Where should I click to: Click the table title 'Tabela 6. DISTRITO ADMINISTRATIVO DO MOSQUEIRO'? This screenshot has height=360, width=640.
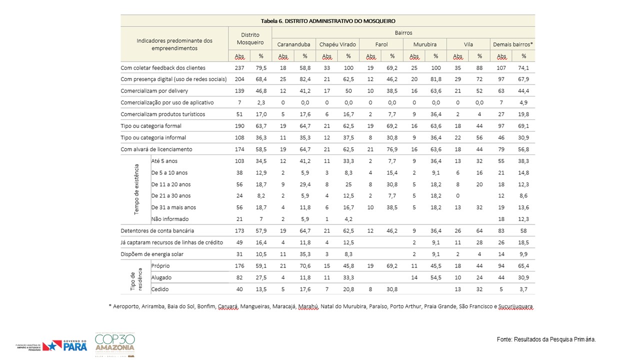point(328,21)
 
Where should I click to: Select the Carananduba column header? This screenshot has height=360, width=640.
point(293,44)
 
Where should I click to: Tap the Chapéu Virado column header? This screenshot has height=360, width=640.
point(337,44)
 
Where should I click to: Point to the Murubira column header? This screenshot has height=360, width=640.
point(425,44)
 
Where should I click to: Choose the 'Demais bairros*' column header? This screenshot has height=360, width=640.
point(513,44)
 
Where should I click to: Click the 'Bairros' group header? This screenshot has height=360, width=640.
point(403,32)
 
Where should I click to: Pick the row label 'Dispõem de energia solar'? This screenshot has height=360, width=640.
point(152,254)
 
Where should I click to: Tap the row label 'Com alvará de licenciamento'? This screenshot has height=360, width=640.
point(156,149)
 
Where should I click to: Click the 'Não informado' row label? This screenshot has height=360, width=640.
point(169,219)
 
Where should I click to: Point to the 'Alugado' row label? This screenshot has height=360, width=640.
point(161,277)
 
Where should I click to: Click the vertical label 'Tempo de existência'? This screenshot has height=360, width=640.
point(136,189)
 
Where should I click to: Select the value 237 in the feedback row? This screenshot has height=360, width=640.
point(239,67)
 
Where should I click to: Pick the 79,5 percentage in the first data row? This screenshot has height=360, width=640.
point(261,67)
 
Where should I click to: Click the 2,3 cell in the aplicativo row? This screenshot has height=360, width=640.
point(261,102)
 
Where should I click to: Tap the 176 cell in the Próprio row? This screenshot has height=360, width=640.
point(239,265)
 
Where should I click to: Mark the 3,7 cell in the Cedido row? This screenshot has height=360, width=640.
point(523,289)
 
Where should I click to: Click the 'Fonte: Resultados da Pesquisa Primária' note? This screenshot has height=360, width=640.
point(546,339)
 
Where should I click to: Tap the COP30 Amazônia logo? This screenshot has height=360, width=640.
point(115,344)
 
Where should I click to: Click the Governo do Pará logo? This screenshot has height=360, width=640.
point(51,345)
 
